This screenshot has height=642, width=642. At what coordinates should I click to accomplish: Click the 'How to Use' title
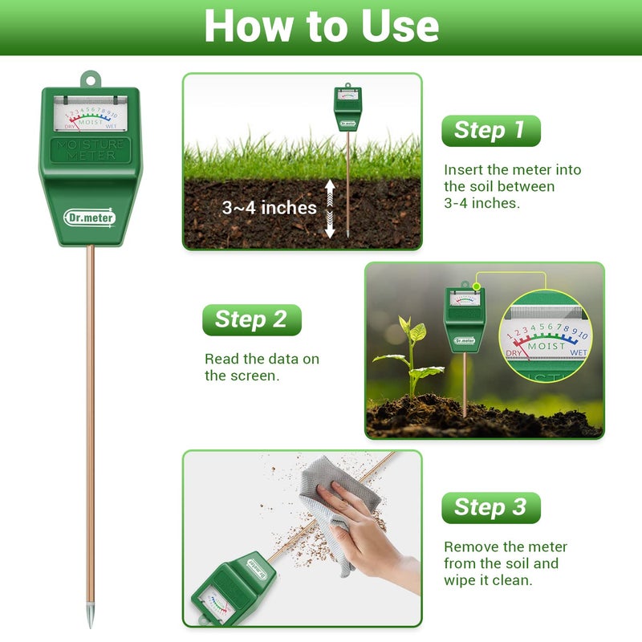321,26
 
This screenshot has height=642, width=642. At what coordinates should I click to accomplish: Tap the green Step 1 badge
490,131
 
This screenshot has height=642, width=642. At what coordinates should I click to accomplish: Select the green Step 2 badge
251,319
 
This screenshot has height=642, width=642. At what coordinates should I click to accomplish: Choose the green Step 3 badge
490,507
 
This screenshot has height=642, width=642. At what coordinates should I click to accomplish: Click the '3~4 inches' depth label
269,208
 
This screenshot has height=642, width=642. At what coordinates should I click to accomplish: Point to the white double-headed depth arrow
329,209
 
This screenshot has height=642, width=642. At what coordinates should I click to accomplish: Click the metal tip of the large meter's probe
90,617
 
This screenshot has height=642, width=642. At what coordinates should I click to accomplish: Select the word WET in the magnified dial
578,352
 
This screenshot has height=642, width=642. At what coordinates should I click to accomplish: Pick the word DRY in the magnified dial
515,352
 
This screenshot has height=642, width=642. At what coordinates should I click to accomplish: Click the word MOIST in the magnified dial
547,346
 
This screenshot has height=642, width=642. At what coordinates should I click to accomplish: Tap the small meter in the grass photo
347,108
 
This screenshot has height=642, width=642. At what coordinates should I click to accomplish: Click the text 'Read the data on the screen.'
262,367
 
